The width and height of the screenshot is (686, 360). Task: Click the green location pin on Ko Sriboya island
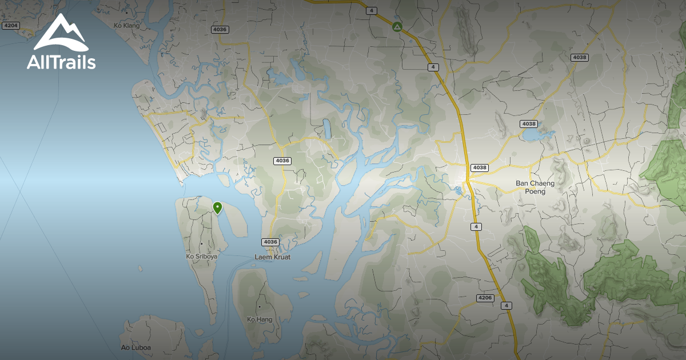[217, 207]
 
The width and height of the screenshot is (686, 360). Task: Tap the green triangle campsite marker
[397, 27]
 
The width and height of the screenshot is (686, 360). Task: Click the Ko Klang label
[127, 26]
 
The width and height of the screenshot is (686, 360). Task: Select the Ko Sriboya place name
[202, 257]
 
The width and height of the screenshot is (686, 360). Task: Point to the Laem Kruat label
[272, 257]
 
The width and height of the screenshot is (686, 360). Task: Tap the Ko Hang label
[260, 319]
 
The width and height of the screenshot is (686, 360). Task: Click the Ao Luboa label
[136, 347]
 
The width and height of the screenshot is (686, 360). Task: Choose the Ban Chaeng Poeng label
[531, 187]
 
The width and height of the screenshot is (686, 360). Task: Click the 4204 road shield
[10, 26]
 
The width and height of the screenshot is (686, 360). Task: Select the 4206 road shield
[484, 298]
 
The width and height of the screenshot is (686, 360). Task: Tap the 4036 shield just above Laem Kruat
[270, 242]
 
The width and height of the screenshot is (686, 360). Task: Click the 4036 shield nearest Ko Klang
[220, 29]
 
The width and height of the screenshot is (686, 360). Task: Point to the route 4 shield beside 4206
[506, 306]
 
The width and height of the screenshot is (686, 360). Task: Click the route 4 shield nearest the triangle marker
[372, 10]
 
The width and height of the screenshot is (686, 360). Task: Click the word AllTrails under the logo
[61, 62]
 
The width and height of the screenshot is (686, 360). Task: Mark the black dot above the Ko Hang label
[260, 307]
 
